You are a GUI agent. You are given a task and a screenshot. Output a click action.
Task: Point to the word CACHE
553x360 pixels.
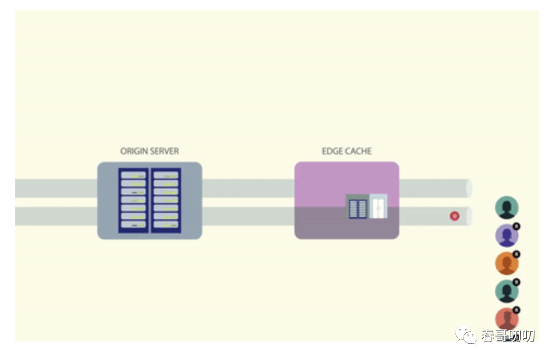(x=358, y=151)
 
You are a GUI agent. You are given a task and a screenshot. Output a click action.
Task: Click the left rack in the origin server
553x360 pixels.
(x=134, y=200)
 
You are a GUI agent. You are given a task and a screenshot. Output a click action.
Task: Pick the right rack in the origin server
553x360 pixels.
(x=166, y=200)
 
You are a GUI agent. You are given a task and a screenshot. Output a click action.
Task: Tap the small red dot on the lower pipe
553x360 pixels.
(x=454, y=216)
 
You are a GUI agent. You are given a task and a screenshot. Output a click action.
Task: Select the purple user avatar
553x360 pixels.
(x=506, y=236)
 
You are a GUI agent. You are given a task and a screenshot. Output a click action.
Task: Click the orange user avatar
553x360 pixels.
(x=506, y=263)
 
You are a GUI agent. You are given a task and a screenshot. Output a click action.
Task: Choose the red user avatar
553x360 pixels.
(x=506, y=319)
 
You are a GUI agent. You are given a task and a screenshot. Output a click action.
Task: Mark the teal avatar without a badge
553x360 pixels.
(x=507, y=208)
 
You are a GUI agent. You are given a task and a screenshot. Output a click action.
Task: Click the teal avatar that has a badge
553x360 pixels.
(x=506, y=291)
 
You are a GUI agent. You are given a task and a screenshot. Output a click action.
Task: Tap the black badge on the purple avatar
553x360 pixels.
(x=516, y=226)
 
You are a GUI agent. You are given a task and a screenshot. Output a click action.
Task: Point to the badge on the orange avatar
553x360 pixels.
(x=516, y=254)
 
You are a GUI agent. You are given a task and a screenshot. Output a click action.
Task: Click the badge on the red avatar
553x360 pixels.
(x=516, y=310)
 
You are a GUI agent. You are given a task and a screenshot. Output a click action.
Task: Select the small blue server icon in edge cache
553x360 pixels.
(x=358, y=207)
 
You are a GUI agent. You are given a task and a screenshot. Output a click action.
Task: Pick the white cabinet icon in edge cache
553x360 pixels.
(x=378, y=207)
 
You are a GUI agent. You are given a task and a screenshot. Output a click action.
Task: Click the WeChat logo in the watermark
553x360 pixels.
(x=467, y=335)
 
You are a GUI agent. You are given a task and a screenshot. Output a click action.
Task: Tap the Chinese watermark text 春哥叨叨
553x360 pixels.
(x=508, y=336)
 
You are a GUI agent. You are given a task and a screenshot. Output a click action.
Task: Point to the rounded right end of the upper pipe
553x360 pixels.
(x=469, y=188)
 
